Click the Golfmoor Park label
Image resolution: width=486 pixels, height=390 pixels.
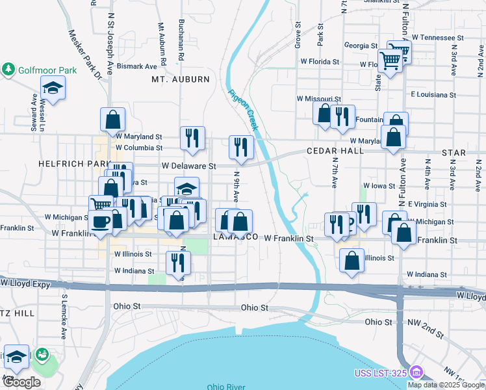click(x=47, y=70)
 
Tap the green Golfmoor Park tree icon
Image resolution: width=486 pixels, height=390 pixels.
click(x=8, y=70)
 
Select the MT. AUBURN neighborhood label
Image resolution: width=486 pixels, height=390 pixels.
click(x=181, y=79)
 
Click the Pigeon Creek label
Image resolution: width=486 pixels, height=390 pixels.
click(x=243, y=109)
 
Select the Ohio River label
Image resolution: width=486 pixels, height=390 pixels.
click(x=226, y=387)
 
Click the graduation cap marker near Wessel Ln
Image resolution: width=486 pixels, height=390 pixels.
click(x=53, y=86)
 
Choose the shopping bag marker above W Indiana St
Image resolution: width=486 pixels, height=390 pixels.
click(x=352, y=260)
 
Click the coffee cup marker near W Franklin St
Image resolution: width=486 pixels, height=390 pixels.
click(x=101, y=221)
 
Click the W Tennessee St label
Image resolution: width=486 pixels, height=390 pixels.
click(x=432, y=38)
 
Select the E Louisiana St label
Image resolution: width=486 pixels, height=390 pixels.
click(x=433, y=94)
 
